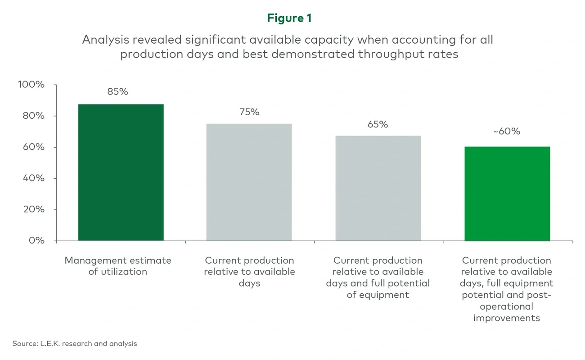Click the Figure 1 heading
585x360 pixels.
[289, 18]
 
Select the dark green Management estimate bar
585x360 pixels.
[121, 172]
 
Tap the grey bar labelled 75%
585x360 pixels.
[249, 182]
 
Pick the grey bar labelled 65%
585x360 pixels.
[378, 188]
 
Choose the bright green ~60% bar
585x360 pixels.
[507, 193]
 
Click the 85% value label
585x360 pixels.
[117, 92]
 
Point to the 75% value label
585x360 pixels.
[249, 112]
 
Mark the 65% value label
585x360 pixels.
[378, 124]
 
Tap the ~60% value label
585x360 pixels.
[506, 131]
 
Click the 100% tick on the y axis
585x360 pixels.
[31, 85]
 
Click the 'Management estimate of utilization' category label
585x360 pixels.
[118, 266]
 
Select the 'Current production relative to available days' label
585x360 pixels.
[249, 272]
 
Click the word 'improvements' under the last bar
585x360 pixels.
[506, 318]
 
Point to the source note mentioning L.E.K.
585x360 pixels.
[75, 343]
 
